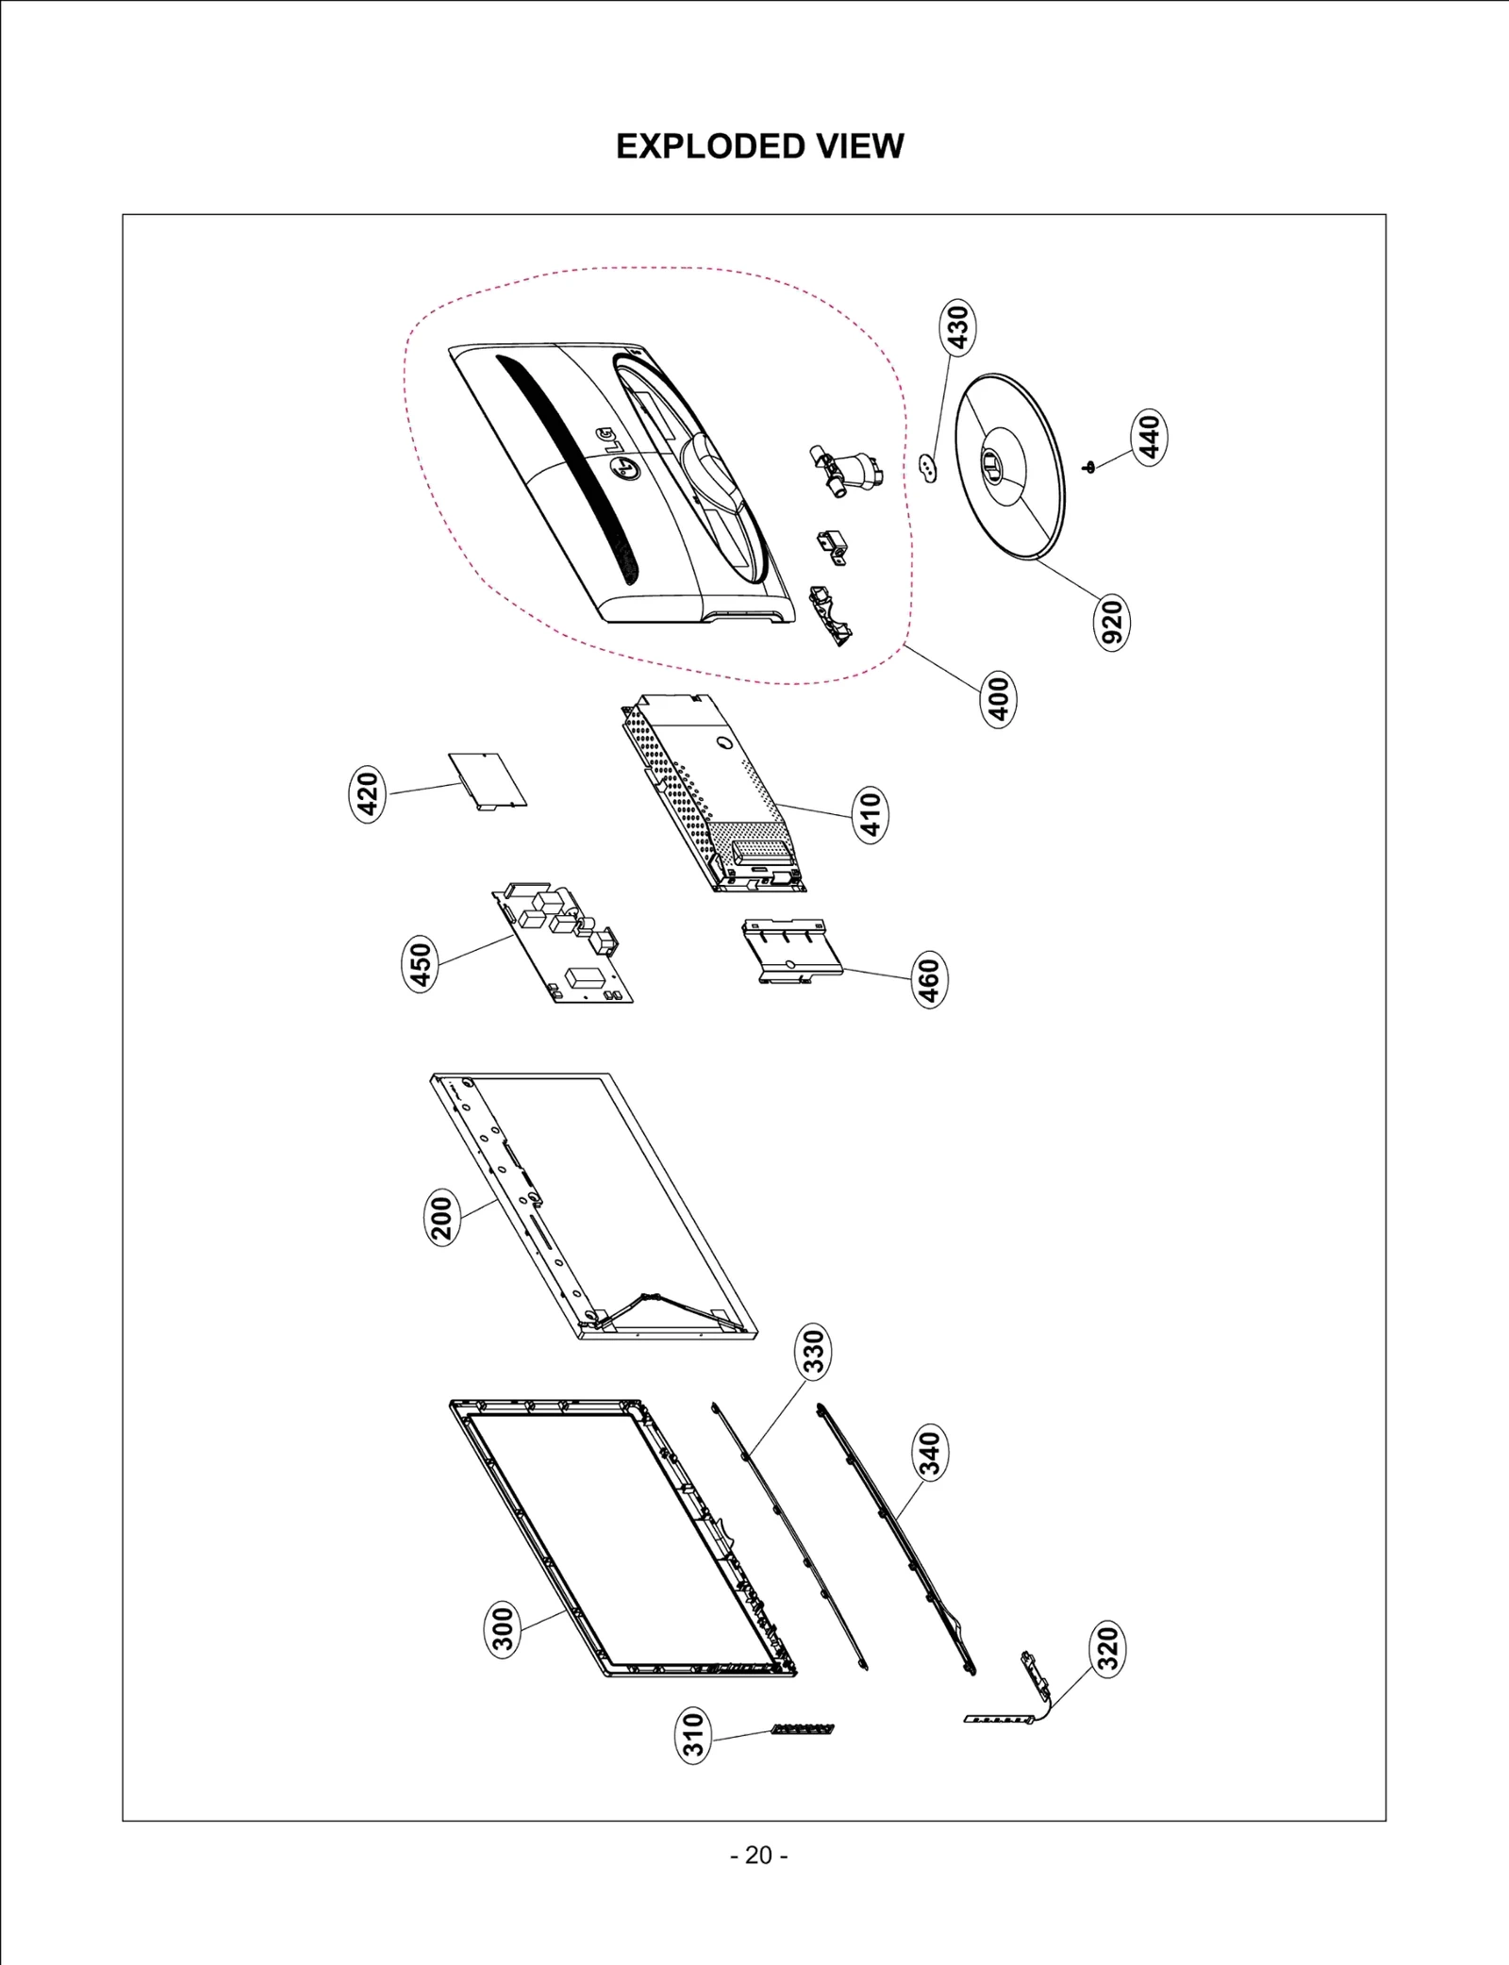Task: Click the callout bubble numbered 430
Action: coord(957,326)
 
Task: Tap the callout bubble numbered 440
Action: coord(1150,436)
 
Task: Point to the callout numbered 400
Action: coord(999,698)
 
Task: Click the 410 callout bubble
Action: coord(871,815)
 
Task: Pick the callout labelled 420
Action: coord(368,794)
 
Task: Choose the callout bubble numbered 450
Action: coord(421,964)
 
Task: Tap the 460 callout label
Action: coord(929,981)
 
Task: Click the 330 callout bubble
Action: coord(812,1350)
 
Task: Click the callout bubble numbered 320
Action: coord(1108,1648)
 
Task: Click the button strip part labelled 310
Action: coord(803,1729)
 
